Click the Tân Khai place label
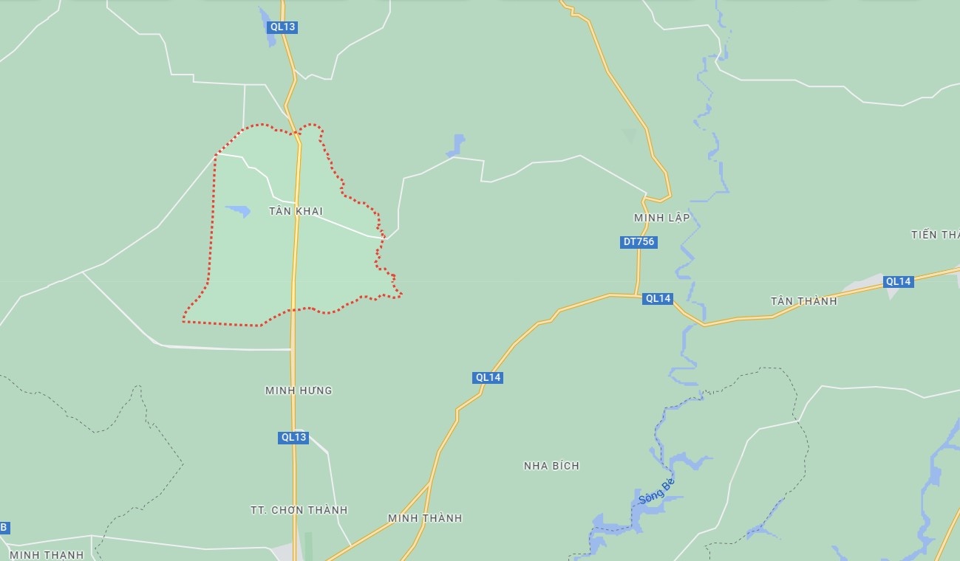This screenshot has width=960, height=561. point(296,211)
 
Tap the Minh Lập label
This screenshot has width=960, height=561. point(661,218)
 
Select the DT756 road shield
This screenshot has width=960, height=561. point(639,242)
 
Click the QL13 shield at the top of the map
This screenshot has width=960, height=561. point(282,27)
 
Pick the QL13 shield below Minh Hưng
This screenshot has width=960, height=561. point(293,437)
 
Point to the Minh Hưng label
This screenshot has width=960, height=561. point(299,390)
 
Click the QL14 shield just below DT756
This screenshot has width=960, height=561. point(658,299)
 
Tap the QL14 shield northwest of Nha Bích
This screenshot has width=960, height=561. point(488,377)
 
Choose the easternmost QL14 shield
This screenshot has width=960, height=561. point(899,281)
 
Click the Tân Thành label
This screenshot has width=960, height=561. point(803,301)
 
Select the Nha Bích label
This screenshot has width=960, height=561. point(551,466)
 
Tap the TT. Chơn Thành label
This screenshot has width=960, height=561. point(299,510)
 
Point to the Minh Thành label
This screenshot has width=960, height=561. point(425,518)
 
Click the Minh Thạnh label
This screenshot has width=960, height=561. point(47,554)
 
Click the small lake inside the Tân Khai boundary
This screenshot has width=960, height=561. point(239,211)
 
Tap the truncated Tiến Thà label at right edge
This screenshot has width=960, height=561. point(936,235)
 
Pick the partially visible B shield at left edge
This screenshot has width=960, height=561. point(4,527)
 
